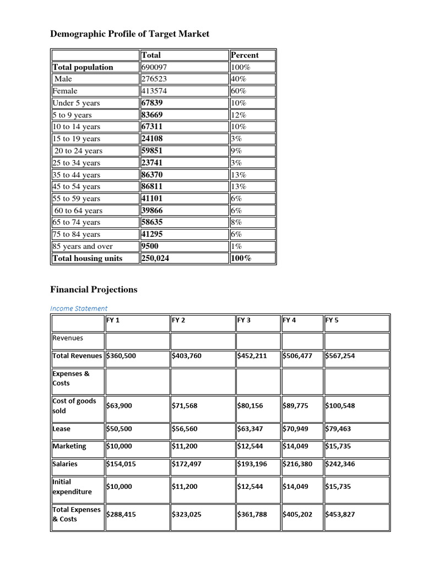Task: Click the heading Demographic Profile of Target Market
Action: pos(130,34)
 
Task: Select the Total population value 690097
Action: pos(154,67)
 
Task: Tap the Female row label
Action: pos(65,91)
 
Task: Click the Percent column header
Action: pos(245,55)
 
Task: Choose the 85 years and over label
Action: pos(83,247)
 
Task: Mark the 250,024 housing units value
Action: pos(156,258)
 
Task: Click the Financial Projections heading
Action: pos(94,290)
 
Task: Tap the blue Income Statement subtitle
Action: pos(79,308)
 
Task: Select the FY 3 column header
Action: pos(244,320)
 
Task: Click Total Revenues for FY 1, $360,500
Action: pos(121,356)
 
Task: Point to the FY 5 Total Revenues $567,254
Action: pos(340,356)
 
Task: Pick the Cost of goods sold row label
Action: pos(74,406)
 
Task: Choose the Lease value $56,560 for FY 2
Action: pos(187,429)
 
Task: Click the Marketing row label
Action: pos(69,446)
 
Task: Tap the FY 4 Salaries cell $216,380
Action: pos(297,464)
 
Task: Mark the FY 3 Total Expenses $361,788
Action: pos(252,514)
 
